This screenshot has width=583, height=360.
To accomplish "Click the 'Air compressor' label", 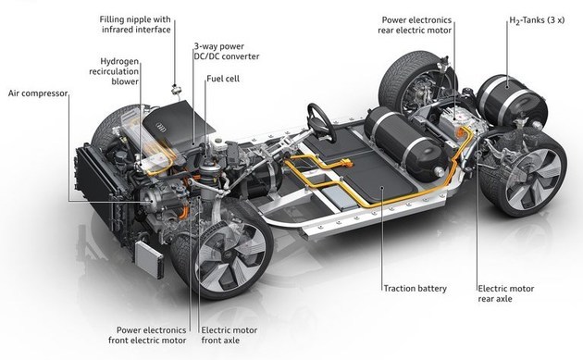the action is pyautogui.click(x=38, y=93).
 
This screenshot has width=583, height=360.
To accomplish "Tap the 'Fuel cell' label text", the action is pyautogui.click(x=223, y=79).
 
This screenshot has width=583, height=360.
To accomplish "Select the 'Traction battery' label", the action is pyautogui.click(x=415, y=288).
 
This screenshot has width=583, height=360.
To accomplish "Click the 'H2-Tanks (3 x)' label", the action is pyautogui.click(x=537, y=21).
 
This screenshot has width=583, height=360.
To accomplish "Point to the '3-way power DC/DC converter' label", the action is pyautogui.click(x=227, y=51).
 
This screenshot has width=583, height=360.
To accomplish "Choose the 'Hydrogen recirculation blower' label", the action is pyautogui.click(x=114, y=71).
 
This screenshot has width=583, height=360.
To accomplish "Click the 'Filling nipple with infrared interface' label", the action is pyautogui.click(x=135, y=24).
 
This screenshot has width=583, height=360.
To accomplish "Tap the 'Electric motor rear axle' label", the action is pyautogui.click(x=505, y=293).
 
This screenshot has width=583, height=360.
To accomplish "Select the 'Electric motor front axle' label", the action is pyautogui.click(x=229, y=335).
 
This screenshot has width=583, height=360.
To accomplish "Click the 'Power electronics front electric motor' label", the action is pyautogui.click(x=148, y=335).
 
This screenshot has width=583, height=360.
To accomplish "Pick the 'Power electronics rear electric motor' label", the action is pyautogui.click(x=415, y=25).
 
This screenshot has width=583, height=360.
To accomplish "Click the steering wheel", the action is pyautogui.click(x=322, y=122).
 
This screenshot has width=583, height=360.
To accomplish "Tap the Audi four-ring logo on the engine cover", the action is pyautogui.click(x=161, y=128).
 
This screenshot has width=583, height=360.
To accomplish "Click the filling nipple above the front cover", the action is pyautogui.click(x=176, y=89).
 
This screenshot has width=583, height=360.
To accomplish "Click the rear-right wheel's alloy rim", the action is pyautogui.click(x=532, y=180).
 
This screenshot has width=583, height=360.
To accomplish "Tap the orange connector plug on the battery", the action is pyautogui.click(x=346, y=163).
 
